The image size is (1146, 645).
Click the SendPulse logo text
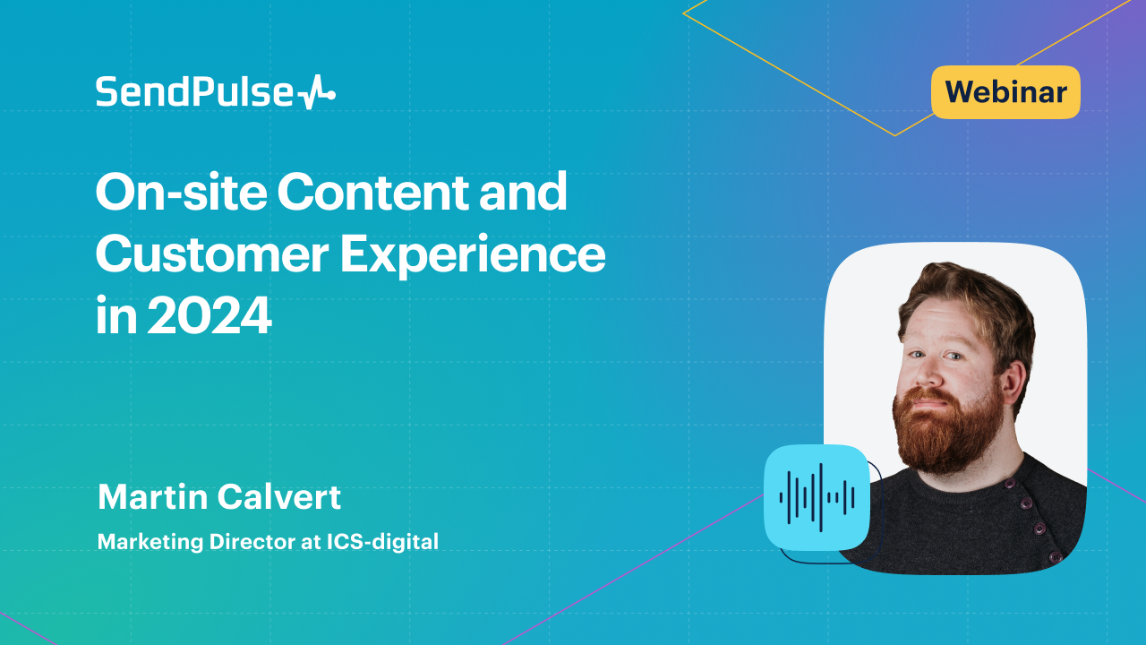(x=195, y=92)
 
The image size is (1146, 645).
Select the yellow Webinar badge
(x=1005, y=92)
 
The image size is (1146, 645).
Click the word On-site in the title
(x=181, y=192)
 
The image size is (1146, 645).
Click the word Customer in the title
(x=212, y=254)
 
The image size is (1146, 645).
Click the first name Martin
(x=152, y=496)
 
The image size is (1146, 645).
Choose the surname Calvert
(x=279, y=496)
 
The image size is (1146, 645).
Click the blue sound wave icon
(x=817, y=497)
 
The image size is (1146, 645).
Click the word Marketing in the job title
(x=150, y=543)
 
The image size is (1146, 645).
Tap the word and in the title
(x=523, y=192)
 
